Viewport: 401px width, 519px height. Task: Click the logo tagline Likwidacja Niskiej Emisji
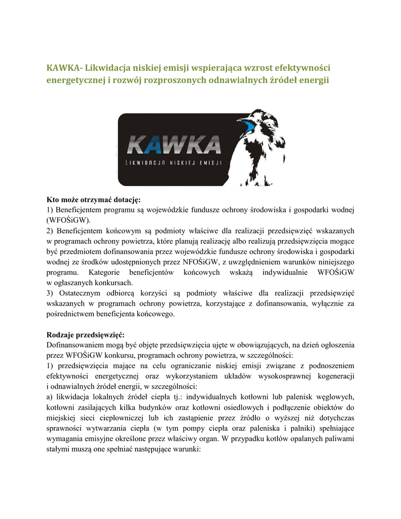(x=174, y=163)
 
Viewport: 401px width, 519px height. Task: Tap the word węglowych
(x=335, y=397)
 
